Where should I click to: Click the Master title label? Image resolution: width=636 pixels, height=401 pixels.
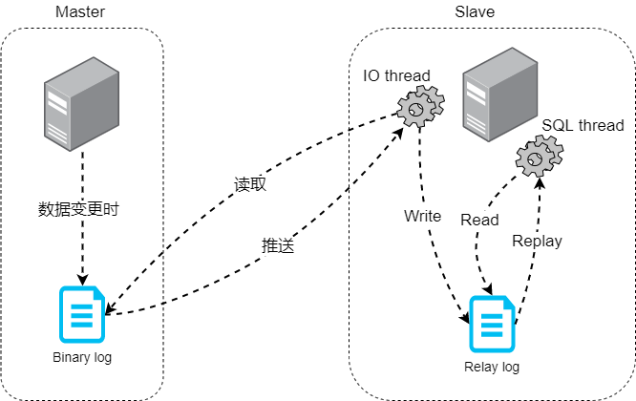pyautogui.click(x=80, y=12)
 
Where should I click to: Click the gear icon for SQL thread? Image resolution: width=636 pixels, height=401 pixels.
pyautogui.click(x=540, y=155)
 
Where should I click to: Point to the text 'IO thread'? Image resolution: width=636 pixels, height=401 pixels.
pyautogui.click(x=396, y=75)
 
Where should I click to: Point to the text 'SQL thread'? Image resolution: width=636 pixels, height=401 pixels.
pyautogui.click(x=583, y=125)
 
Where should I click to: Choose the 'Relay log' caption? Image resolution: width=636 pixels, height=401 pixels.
pyautogui.click(x=493, y=367)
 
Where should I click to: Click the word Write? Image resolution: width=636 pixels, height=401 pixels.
pyautogui.click(x=422, y=216)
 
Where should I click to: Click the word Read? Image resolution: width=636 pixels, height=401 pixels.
pyautogui.click(x=479, y=220)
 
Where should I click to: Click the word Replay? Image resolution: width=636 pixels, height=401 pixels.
pyautogui.click(x=537, y=241)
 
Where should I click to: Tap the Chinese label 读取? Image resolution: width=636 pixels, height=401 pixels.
pyautogui.click(x=250, y=184)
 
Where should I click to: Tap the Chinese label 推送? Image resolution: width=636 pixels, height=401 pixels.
pyautogui.click(x=277, y=244)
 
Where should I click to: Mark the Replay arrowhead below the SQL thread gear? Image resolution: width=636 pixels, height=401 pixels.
pyautogui.click(x=541, y=181)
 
